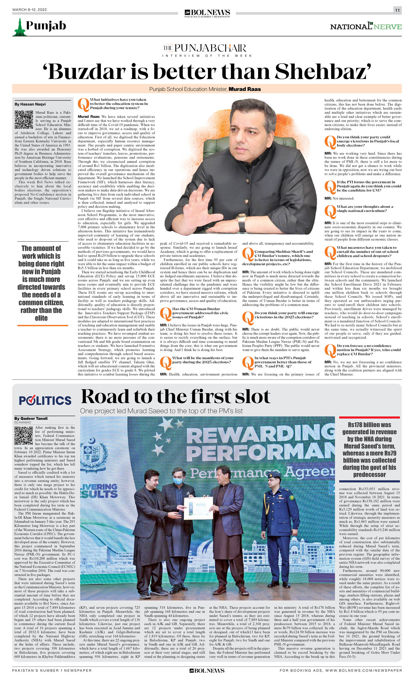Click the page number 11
click(x=397, y=10)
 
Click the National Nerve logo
click(x=366, y=27)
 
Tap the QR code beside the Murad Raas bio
click(x=24, y=120)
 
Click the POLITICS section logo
click(x=45, y=400)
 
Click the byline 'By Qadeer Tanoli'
click(x=31, y=418)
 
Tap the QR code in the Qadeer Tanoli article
click(x=24, y=436)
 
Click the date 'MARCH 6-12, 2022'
click(x=29, y=10)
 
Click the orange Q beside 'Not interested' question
click(x=330, y=187)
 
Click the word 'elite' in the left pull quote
click(x=41, y=318)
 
